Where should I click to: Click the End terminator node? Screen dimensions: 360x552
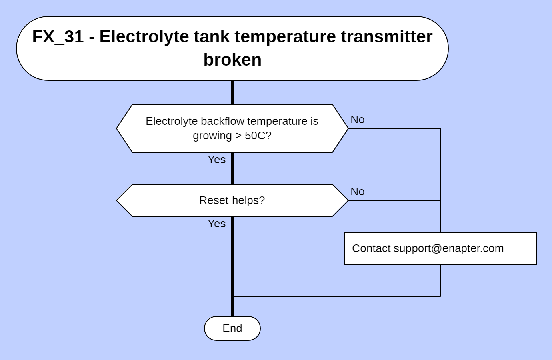coord(232,328)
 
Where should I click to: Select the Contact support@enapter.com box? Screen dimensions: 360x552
coord(440,248)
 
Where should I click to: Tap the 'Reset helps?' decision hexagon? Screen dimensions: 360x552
coord(232,200)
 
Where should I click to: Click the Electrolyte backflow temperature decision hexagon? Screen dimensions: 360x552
coord(232,128)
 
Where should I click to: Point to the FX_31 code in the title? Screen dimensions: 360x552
coord(58,37)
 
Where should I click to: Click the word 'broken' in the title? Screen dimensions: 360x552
coord(232,60)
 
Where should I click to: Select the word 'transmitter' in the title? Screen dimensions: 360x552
coord(386,37)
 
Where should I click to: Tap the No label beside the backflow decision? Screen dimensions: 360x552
coord(357,120)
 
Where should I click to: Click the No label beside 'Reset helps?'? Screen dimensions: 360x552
coord(357,192)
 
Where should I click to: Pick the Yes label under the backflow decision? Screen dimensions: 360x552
coord(216,160)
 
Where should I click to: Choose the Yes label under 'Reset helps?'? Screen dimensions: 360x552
coord(216,224)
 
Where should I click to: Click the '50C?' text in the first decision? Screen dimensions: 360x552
coord(258,136)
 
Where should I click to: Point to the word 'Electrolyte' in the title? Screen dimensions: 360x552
coord(144,37)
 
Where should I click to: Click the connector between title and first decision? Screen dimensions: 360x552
coord(232,92)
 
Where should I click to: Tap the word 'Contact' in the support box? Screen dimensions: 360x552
coord(371,248)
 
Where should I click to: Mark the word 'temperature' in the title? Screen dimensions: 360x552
coord(285,37)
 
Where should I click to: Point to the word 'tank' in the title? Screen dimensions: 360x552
coord(212,37)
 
